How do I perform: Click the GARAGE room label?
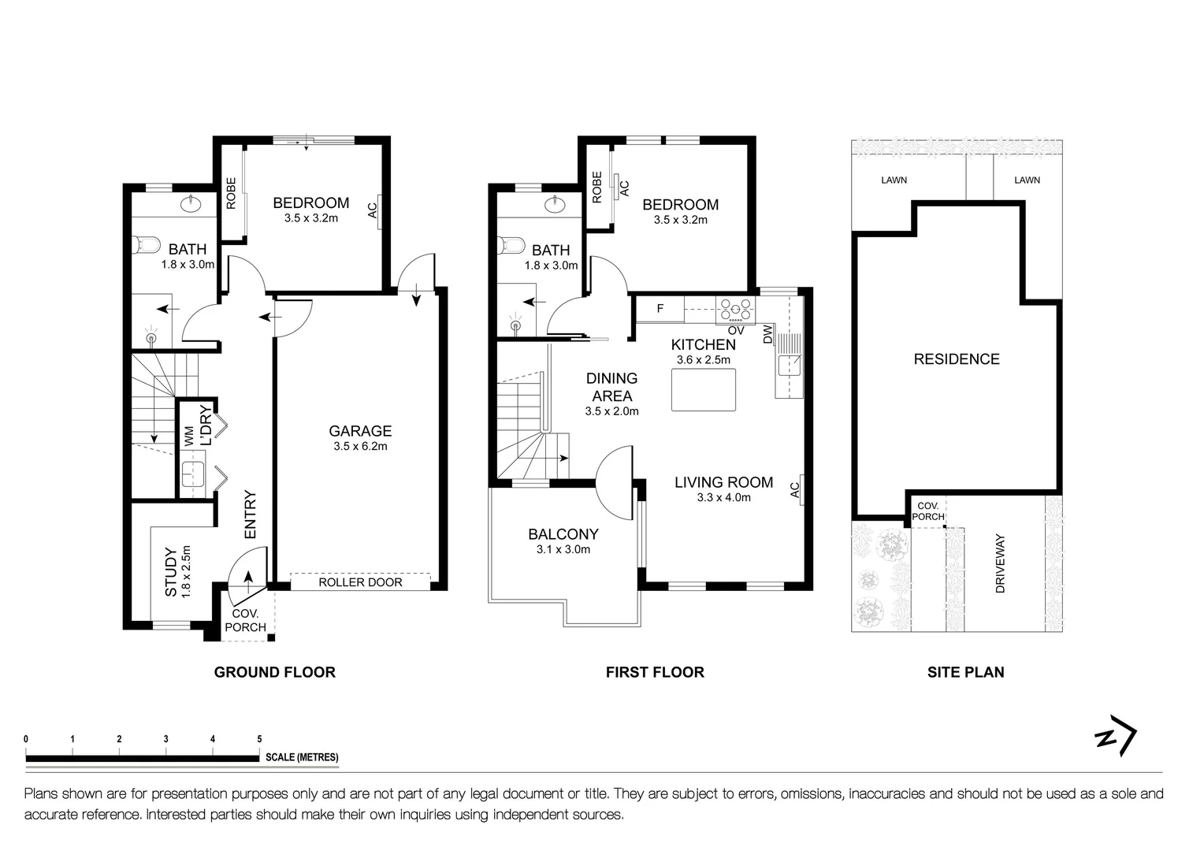pos(360,431)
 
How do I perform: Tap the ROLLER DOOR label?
pos(360,582)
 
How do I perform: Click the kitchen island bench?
pos(704,390)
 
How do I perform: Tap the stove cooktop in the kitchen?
pos(735,310)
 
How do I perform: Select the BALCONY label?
pos(563,534)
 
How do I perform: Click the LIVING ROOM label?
pos(723,482)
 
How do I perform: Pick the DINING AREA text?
pos(611,387)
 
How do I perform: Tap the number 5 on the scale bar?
pos(259,739)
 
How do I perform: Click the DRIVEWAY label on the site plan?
pos(1000,563)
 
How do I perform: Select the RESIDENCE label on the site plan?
pos(957,359)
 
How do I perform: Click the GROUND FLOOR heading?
pos(275,672)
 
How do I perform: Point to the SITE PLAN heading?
pos(965,672)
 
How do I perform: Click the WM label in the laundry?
pos(189,437)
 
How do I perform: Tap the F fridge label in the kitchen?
pos(660,309)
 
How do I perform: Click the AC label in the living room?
pos(795,490)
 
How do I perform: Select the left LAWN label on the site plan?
pos(894,180)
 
